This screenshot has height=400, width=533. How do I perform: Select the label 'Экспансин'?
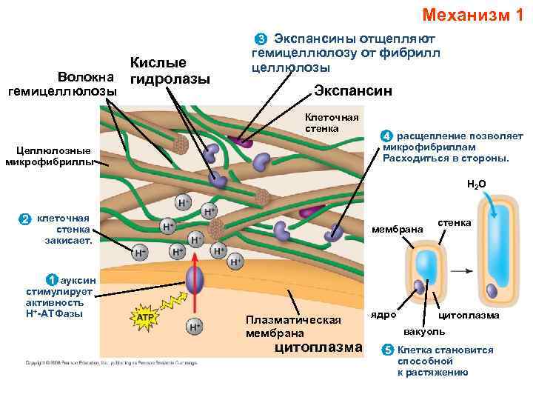[x=352, y=91]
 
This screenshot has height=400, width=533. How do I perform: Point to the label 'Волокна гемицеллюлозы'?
[x=63, y=84]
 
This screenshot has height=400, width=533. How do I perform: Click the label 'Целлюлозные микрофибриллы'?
[x=49, y=156]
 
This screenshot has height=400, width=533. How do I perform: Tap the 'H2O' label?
[x=476, y=183]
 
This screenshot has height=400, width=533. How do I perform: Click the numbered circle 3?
[x=260, y=39]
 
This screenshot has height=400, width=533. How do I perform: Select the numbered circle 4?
[x=386, y=136]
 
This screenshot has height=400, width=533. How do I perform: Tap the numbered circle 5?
[x=386, y=350]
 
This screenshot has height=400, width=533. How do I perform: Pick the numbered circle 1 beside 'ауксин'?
[x=50, y=280]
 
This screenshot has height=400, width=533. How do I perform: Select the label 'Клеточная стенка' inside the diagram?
[x=332, y=123]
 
